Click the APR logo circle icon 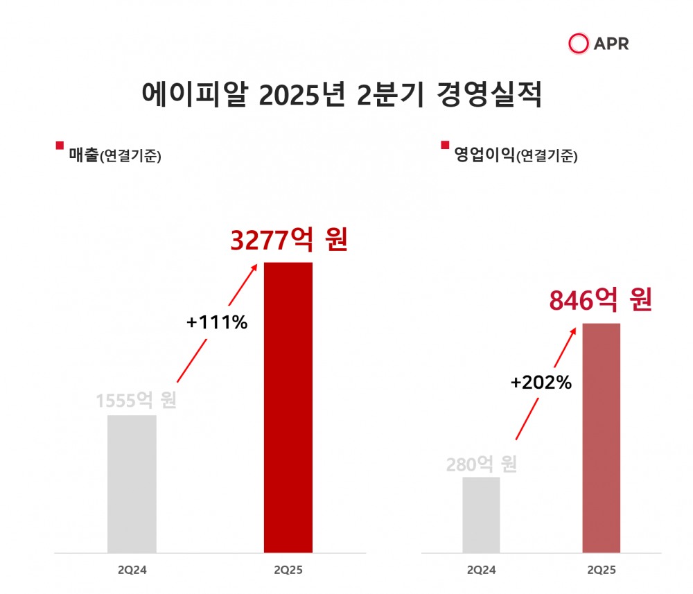click(578, 44)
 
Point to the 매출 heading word click(84, 155)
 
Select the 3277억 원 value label click(288, 241)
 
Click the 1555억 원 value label click(137, 401)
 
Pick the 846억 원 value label click(601, 300)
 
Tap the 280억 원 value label click(482, 464)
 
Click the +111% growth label click(217, 322)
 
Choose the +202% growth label click(541, 382)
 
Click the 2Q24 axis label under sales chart click(132, 570)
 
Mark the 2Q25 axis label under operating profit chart click(601, 570)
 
